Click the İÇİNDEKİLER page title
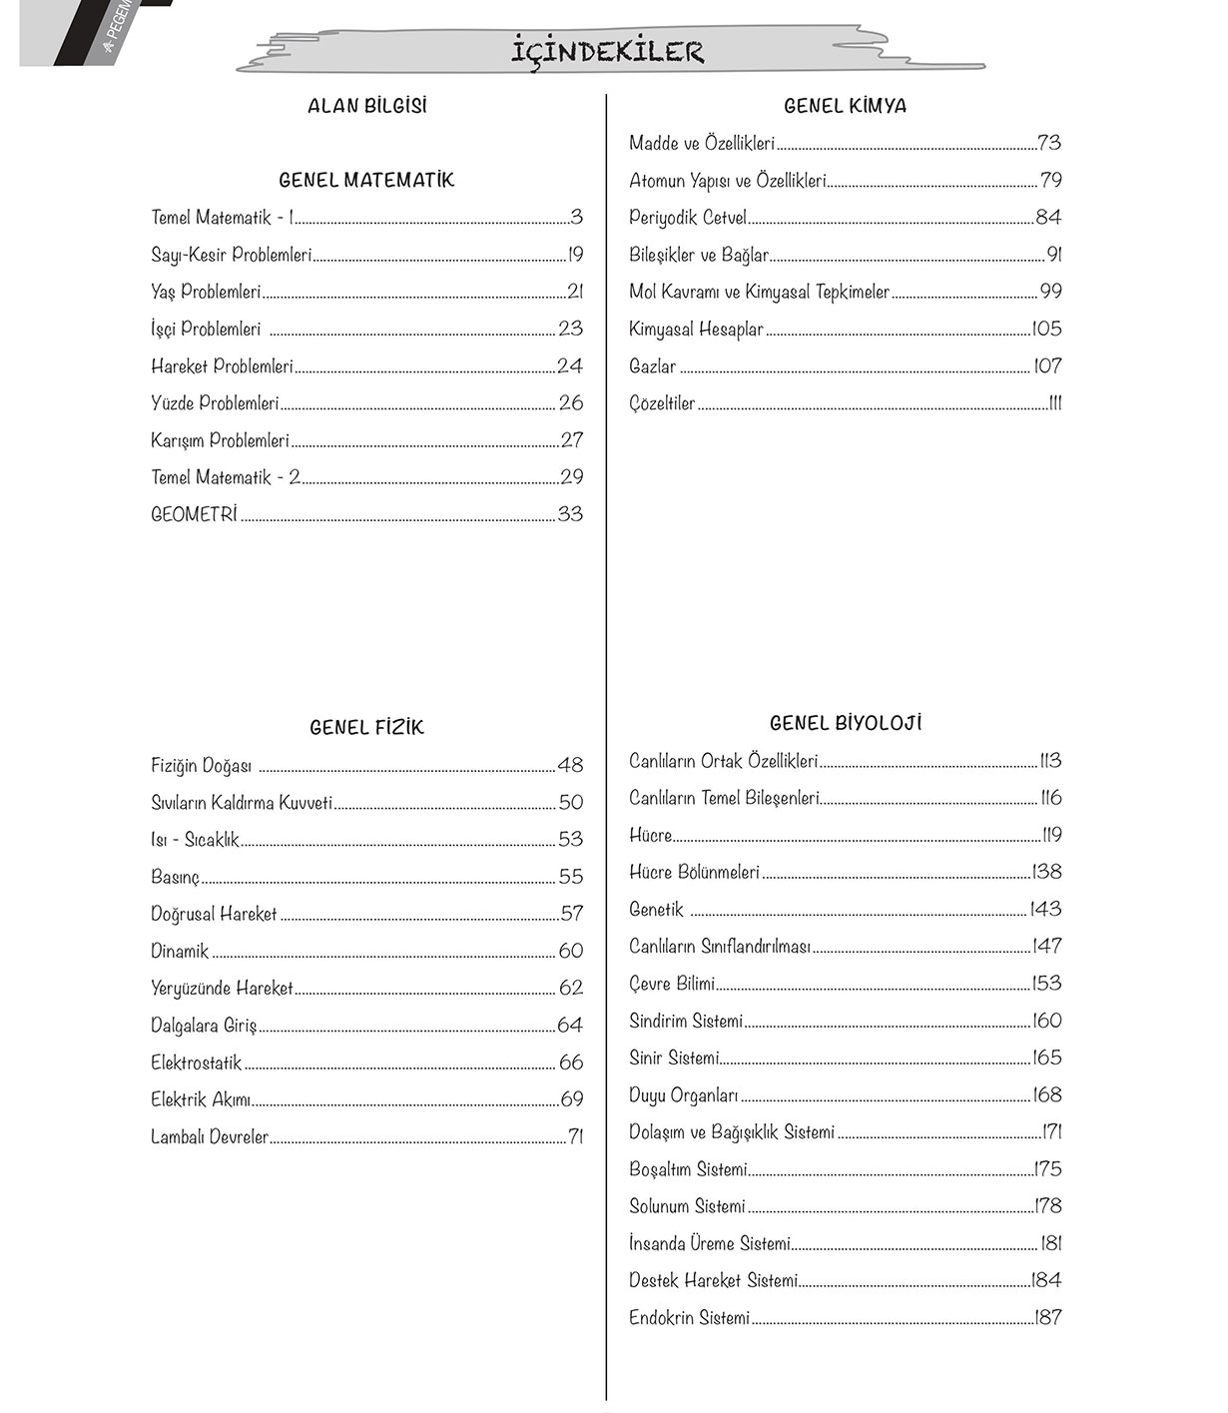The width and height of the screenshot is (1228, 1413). (608, 51)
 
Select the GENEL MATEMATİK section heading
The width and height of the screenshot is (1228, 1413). (366, 180)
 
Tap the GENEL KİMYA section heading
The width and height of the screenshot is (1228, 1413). (845, 106)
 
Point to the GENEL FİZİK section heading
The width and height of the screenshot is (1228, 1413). (366, 728)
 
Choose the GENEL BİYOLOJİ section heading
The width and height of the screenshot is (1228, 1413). (845, 723)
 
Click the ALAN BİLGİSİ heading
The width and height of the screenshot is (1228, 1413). (366, 106)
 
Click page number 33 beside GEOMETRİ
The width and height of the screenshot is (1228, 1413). (570, 514)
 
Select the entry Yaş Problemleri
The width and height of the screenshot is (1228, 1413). (206, 292)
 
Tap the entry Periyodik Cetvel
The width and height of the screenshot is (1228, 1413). (688, 218)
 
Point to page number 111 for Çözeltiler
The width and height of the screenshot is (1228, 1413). (1054, 403)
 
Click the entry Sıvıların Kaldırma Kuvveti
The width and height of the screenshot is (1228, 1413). (242, 803)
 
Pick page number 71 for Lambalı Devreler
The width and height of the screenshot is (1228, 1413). (575, 1136)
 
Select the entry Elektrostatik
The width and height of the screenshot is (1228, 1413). (197, 1062)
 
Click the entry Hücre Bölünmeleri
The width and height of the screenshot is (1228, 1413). (694, 872)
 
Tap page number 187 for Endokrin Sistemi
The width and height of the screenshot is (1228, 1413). (1048, 1318)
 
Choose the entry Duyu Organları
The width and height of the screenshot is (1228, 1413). (684, 1095)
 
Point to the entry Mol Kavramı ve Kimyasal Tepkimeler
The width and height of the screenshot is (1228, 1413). (759, 292)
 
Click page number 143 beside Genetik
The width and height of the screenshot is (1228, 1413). (1046, 909)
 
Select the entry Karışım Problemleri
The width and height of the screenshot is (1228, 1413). (220, 440)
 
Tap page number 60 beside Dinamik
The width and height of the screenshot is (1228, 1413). (570, 951)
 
